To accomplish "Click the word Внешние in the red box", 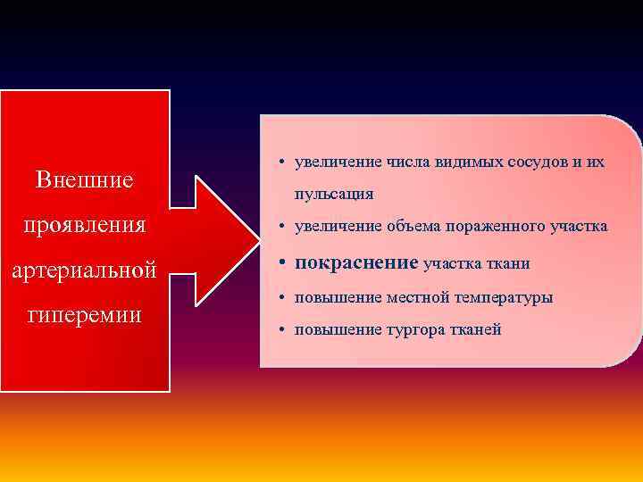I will point(85,179).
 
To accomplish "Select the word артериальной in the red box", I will point(85,269).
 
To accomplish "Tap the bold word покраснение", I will point(355,262).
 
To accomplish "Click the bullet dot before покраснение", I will point(281,263).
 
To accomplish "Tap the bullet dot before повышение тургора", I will point(281,330).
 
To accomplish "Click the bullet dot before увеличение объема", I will point(281,228).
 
